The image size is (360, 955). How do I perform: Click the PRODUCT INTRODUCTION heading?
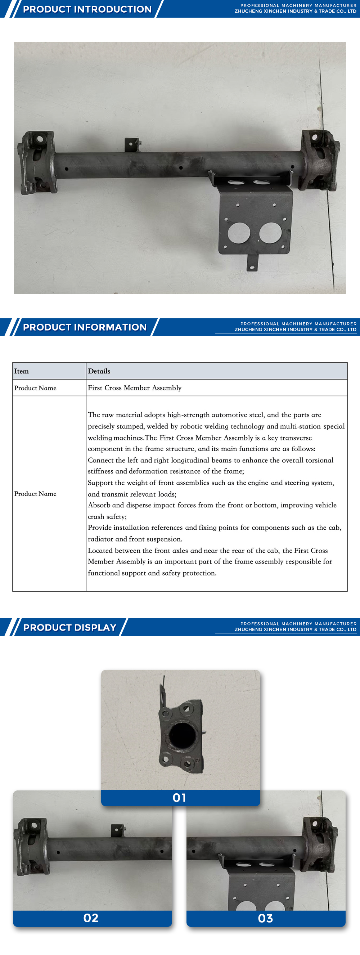point(87,9)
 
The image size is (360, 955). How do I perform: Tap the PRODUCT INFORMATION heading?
point(85,327)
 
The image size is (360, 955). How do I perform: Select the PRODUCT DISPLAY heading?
point(70,627)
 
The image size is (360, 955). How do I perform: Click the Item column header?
point(22,371)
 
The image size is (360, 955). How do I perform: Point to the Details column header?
point(99,371)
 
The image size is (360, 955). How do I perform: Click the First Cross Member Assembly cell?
point(135,388)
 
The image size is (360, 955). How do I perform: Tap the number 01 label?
point(179,797)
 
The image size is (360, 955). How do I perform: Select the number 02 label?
point(91,918)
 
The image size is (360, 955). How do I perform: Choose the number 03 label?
point(265,918)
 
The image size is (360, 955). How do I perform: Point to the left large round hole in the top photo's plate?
point(239,233)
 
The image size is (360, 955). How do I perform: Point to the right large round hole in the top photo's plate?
point(270,233)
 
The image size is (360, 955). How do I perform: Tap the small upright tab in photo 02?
point(117,830)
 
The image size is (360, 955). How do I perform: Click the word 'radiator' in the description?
point(100,539)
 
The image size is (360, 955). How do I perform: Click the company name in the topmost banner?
point(295,12)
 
